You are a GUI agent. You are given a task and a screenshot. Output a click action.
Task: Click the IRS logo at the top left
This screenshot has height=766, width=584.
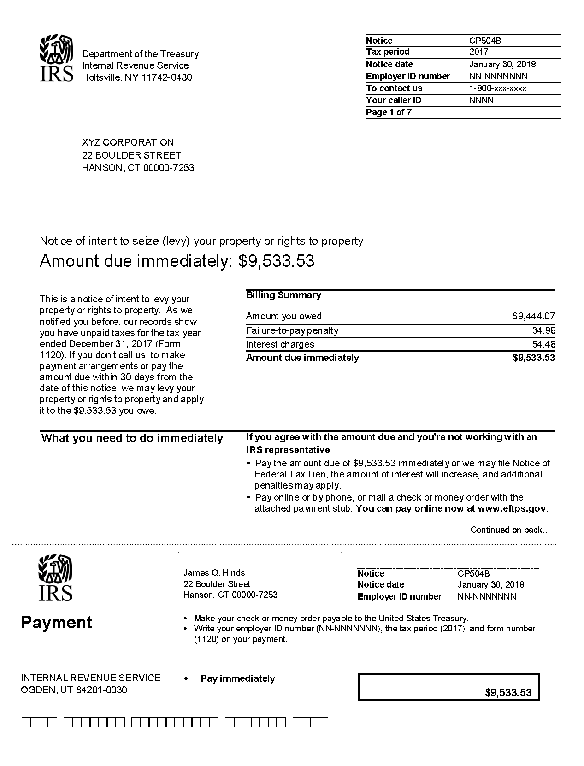56,58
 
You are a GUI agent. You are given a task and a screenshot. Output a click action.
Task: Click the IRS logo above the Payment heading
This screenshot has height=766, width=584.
55,577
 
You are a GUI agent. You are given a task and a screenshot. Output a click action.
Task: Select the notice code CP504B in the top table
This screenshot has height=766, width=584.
485,41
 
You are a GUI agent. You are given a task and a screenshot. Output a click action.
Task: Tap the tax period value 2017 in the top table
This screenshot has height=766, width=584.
478,52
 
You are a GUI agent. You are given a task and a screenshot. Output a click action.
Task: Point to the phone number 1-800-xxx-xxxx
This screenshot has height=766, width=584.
497,88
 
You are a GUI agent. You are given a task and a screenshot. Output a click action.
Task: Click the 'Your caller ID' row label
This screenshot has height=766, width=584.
394,100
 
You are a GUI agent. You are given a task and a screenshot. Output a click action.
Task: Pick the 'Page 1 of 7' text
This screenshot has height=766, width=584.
389,112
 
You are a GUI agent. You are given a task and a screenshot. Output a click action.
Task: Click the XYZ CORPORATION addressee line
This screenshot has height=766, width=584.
128,142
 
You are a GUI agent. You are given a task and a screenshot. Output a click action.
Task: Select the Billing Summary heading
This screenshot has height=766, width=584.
283,295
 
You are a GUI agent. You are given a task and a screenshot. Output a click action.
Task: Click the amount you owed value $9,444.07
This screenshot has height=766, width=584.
533,316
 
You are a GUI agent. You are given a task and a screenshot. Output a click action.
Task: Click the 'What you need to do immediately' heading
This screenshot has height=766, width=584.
132,438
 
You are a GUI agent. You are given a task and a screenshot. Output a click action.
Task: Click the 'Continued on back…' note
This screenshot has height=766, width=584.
510,530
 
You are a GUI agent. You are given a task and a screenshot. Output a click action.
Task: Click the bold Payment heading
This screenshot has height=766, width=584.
57,622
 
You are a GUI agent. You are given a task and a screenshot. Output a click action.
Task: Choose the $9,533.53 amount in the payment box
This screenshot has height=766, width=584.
508,692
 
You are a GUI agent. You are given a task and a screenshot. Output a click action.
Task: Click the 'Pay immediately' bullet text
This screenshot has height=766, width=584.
238,678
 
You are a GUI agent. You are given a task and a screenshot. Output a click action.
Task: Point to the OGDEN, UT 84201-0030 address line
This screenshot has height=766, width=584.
74,690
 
